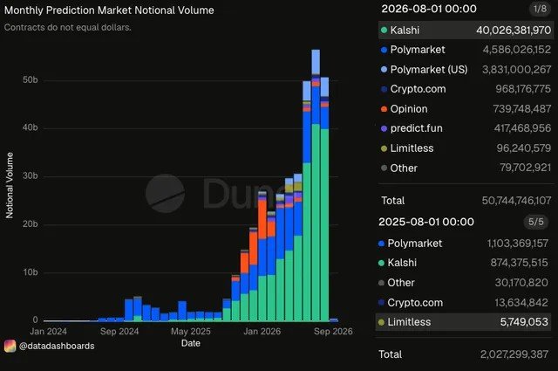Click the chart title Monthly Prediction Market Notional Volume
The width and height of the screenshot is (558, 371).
coord(109,10)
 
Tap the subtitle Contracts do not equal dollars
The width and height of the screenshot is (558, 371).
coord(68,27)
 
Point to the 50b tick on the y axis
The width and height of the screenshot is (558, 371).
coord(31,79)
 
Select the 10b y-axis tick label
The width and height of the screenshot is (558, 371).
coord(31,272)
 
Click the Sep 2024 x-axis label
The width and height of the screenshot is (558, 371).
coord(119,332)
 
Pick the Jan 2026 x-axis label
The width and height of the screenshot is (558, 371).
coord(262,332)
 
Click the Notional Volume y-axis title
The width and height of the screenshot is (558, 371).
coord(10,185)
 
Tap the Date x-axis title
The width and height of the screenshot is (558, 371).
coord(191,343)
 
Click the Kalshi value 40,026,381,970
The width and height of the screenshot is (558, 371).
coord(514,31)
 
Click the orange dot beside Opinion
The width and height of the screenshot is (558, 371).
coord(384,109)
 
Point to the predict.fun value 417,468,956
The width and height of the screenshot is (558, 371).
coord(522,128)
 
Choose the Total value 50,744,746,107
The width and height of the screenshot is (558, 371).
coord(516,201)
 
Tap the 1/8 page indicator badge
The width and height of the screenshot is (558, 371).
coord(540,9)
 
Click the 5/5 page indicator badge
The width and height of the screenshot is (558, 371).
coord(535,222)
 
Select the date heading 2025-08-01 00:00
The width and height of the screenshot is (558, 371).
coord(426,222)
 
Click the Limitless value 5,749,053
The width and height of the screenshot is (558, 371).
coord(524,322)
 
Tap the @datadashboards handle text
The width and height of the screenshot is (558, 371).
coord(57,346)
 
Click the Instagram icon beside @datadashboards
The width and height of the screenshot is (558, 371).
coord(10,346)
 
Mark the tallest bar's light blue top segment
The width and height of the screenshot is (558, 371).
coord(316,62)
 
